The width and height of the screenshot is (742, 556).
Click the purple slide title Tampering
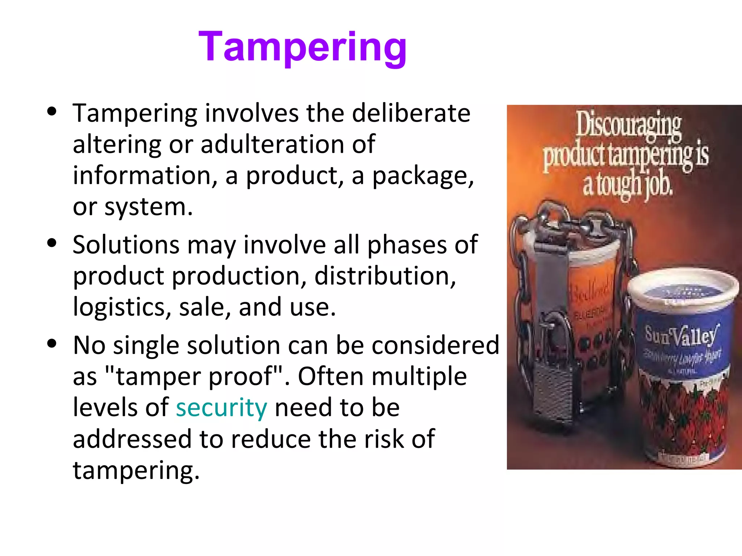[x=303, y=47]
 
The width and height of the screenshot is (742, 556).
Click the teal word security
[x=221, y=408]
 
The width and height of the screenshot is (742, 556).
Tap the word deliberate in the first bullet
[x=411, y=113]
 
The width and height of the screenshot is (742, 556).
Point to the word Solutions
[x=126, y=245]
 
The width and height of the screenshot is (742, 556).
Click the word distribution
[x=385, y=276]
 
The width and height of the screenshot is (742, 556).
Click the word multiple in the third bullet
[x=419, y=376]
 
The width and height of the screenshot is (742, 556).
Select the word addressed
[x=132, y=439]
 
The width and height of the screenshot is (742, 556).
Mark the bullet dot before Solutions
[x=52, y=243]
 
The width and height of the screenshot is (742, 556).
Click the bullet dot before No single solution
[x=52, y=343]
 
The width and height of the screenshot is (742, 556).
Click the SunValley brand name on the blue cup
[x=680, y=335]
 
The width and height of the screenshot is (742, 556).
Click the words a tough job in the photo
[x=628, y=185]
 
